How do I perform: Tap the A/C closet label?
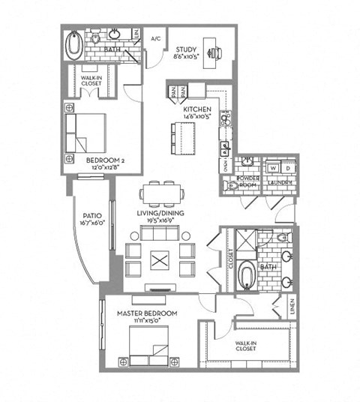coord(156,37)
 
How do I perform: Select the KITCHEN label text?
coord(196,109)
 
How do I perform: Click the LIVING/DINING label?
coord(160,213)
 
